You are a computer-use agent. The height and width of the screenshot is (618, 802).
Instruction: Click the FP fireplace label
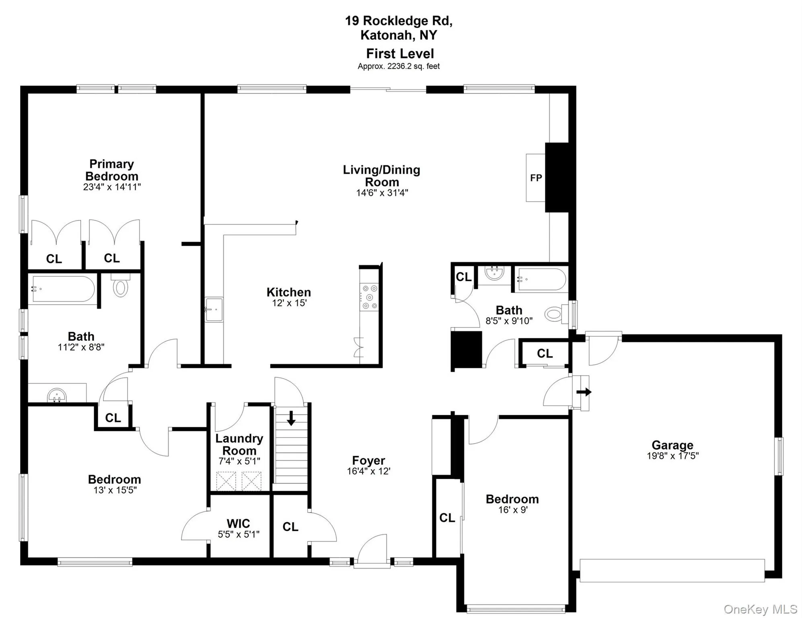536,178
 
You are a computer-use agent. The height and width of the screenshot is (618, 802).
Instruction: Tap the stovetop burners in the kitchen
370,297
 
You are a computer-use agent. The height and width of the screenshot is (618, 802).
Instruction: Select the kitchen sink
214,310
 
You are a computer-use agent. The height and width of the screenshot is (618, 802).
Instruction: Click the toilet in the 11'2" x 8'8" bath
120,286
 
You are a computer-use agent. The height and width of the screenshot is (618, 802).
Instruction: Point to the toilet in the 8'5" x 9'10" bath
555,314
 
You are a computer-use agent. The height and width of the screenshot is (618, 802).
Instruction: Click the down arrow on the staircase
291,418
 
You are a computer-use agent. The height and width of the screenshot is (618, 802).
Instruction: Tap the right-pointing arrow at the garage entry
584,392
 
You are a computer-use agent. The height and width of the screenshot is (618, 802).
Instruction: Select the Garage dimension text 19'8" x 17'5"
672,456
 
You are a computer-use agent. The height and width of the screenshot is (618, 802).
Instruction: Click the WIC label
238,523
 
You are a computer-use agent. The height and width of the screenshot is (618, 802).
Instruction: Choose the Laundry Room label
239,444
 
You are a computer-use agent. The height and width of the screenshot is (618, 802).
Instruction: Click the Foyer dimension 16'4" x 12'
368,471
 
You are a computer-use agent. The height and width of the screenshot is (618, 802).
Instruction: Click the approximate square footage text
399,66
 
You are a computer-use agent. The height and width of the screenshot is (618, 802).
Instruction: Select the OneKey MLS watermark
760,609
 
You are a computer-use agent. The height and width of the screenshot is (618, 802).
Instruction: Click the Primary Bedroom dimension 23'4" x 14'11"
112,187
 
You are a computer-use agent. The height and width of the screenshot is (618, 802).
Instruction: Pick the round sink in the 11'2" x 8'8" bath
57,396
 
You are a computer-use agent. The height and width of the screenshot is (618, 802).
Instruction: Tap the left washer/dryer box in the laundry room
226,481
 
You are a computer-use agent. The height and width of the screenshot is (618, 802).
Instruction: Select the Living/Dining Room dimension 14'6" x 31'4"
382,193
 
